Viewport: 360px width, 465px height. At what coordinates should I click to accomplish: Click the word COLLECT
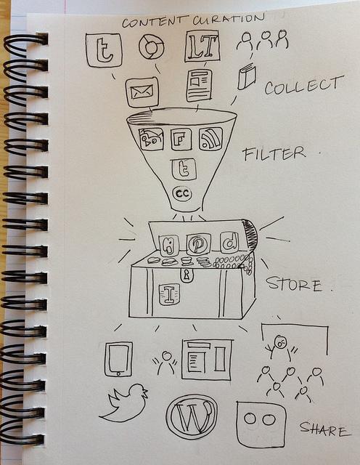pos(304,86)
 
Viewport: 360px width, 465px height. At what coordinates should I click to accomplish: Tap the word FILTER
pos(274,153)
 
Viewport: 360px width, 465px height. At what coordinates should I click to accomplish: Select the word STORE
pos(294,284)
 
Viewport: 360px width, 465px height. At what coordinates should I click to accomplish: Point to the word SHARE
pos(324,429)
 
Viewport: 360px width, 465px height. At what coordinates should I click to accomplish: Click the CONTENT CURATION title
pos(193,20)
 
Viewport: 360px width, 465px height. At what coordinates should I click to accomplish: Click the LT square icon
pos(202,46)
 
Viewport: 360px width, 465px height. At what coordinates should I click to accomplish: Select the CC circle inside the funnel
pos(182,194)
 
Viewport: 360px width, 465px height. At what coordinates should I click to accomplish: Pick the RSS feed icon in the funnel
pos(210,139)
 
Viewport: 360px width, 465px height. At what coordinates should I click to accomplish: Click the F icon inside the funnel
pos(181,139)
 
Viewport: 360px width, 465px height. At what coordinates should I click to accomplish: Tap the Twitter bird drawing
pos(124,402)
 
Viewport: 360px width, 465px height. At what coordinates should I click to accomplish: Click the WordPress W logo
pos(192,416)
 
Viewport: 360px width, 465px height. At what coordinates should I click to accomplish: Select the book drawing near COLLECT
pos(247,76)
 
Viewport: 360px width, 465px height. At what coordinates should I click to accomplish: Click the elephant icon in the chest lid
pos(169,246)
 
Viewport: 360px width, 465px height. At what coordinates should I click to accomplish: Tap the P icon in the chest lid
pos(199,244)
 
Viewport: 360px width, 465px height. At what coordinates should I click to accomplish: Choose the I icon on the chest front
pos(169,294)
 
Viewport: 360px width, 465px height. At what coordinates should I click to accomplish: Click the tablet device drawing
pos(118,359)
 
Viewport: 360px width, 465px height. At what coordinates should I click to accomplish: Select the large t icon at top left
pos(105,50)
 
